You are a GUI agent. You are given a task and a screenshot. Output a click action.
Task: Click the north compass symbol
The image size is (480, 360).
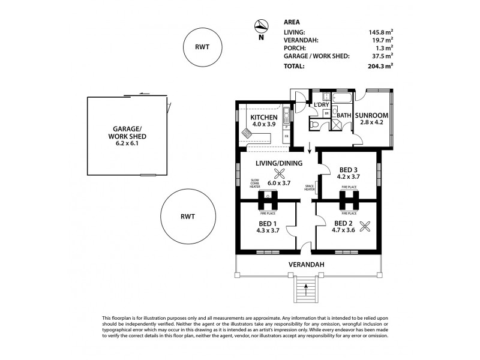point(260,26)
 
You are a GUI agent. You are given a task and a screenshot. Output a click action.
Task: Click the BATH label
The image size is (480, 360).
point(344,115)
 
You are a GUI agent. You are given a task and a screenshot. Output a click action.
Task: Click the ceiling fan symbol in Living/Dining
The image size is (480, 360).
point(278,174)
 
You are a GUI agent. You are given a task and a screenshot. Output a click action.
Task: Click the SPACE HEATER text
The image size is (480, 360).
point(310,188)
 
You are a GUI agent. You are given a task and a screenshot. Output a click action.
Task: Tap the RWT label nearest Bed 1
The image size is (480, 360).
point(188,217)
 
